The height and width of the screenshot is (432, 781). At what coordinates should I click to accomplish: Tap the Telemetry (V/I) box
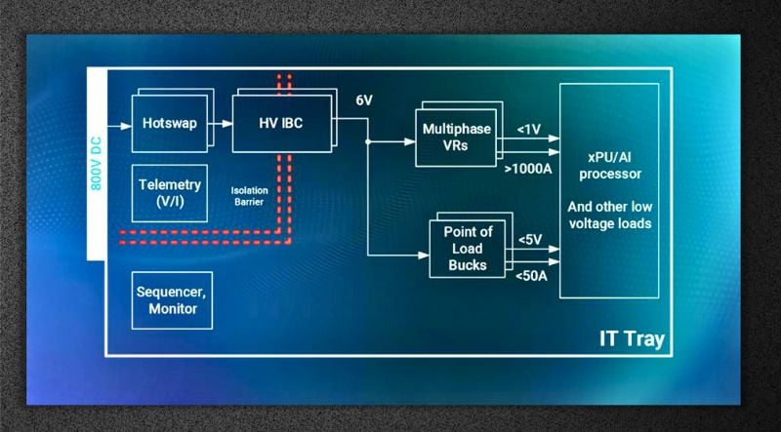pos(169,192)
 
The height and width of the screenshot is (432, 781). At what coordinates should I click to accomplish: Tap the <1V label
pos(530,128)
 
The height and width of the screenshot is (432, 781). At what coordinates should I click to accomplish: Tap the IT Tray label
pos(632,338)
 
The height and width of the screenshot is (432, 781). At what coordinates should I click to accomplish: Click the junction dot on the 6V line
pos(368,141)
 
